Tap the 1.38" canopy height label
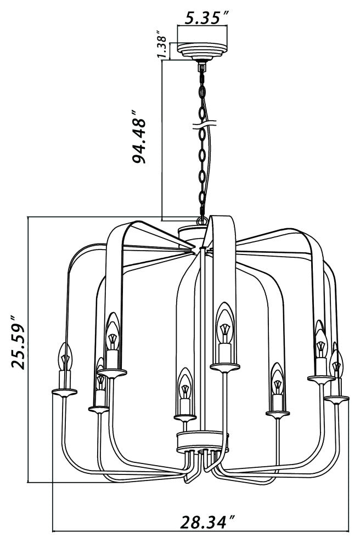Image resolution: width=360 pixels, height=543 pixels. pyautogui.click(x=162, y=46)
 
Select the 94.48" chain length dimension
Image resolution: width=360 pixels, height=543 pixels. pyautogui.click(x=139, y=137)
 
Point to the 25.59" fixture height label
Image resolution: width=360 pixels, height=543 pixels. pyautogui.click(x=18, y=342)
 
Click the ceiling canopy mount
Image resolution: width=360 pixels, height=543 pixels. pyautogui.click(x=203, y=51)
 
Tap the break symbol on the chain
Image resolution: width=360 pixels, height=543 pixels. pyautogui.click(x=205, y=125)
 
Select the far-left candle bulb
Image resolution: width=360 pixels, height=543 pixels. pyautogui.click(x=65, y=357)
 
